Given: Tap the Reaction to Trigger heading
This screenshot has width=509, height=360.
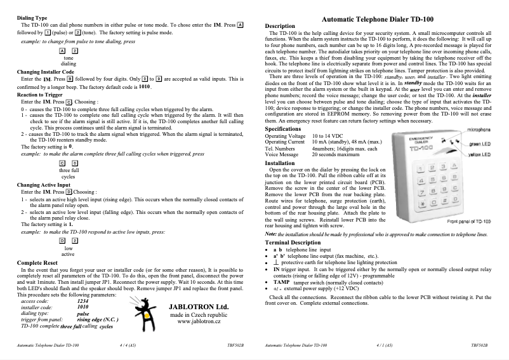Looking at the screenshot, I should (39, 94).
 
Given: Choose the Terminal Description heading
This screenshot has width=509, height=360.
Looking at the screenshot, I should (293, 243).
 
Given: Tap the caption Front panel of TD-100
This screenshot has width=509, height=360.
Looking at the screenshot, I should (468, 221).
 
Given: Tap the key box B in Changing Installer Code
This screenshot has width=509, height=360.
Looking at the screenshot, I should (69, 79).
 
